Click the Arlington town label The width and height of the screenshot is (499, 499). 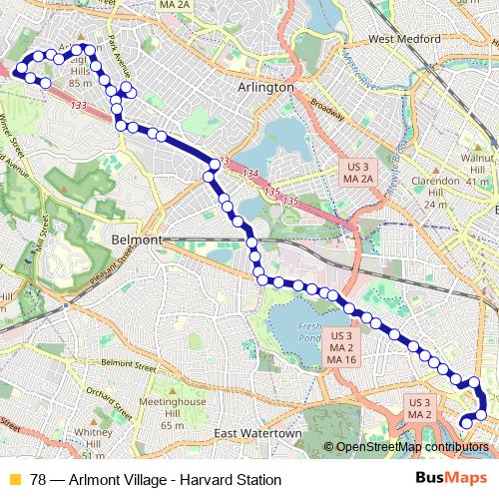[x=266, y=88]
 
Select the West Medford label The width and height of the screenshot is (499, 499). [x=405, y=39]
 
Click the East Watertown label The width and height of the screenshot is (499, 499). [x=256, y=434]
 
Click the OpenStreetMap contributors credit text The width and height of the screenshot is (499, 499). [x=412, y=447]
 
